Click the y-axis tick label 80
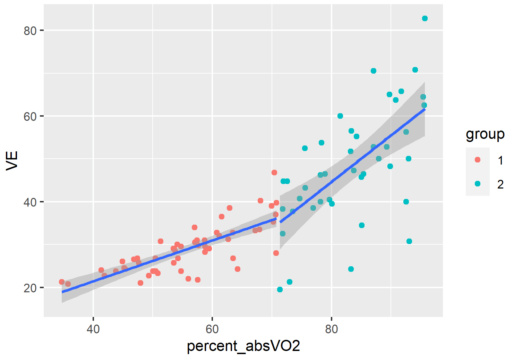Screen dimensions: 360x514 coord(30,31)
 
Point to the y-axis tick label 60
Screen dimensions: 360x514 coord(30,116)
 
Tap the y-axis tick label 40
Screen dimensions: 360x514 coord(30,202)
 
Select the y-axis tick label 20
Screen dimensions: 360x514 coord(30,288)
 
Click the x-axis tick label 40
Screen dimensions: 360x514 coord(93,329)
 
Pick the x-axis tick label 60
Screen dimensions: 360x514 coord(212,329)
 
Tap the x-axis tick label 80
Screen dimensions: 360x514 coord(332,329)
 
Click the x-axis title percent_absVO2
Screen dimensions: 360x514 coord(243,346)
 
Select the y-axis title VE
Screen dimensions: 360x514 coord(12,160)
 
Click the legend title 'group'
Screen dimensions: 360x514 coord(485,134)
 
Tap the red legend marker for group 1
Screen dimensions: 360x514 coord(478,160)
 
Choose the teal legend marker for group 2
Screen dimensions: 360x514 coord(478,184)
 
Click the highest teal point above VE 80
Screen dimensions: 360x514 coord(425,18)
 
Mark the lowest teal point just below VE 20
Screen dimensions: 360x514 coord(280,290)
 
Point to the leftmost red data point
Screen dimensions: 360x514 coord(62,282)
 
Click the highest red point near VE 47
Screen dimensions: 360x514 coord(274,173)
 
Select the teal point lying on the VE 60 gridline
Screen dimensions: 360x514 coord(340,116)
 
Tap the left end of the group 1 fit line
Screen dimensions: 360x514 coord(62,292)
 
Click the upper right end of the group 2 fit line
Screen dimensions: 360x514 coord(425,109)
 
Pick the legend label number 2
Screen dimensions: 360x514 coord(500,184)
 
